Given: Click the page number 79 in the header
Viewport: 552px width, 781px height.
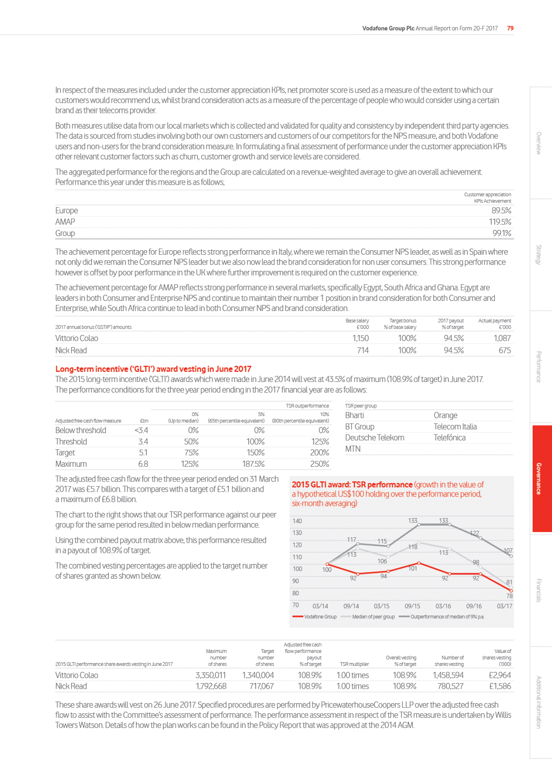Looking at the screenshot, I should click(510, 28).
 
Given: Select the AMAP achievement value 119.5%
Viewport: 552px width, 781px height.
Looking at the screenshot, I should click(500, 222).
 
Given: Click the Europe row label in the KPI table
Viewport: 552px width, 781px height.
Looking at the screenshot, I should click(67, 211).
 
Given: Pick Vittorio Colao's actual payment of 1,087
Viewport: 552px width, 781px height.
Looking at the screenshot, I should click(502, 338).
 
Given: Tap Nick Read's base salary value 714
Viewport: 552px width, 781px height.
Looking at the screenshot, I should click(363, 350).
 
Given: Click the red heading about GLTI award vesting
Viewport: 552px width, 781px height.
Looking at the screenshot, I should click(153, 369).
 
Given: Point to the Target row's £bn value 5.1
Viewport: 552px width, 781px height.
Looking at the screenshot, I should click(143, 452).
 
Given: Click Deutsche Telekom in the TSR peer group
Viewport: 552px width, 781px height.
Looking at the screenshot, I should click(375, 438).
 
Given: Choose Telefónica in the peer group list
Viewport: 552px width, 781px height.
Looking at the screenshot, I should click(449, 438).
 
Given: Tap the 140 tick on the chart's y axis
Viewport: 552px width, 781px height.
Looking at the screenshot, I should click(297, 521).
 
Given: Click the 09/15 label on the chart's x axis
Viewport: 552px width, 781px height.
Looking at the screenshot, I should click(412, 606).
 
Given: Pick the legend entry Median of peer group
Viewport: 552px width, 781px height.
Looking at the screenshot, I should click(373, 617).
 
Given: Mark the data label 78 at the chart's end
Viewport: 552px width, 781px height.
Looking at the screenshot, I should click(510, 596).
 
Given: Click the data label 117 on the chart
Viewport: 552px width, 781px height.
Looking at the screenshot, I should click(351, 540).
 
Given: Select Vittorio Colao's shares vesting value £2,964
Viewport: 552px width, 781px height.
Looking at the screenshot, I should click(500, 675).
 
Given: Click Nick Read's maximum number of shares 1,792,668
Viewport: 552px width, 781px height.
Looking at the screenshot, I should click(211, 686).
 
